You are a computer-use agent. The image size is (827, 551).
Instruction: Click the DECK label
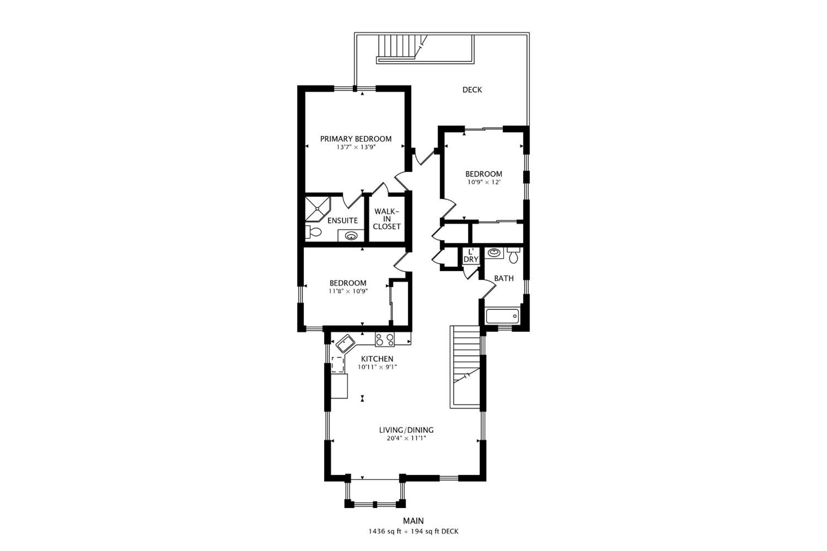coord(472,90)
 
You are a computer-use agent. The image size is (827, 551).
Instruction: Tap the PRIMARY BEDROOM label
coord(355,139)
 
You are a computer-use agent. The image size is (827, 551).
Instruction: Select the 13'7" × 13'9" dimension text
coord(356,147)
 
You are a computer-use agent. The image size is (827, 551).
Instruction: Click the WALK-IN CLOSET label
coord(387,219)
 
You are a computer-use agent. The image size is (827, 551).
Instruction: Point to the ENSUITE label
coord(342,221)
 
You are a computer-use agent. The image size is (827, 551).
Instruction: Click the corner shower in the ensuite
coord(317,209)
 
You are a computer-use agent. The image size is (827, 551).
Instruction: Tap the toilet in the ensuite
coord(313,232)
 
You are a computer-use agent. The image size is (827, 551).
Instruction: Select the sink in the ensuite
coord(351,236)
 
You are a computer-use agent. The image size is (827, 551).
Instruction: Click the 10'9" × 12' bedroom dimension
coord(484,182)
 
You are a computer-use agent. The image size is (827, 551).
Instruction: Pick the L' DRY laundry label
coord(471,256)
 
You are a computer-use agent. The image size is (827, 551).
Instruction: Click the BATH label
coord(504,278)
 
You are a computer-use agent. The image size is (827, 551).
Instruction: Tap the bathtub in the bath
coord(502,316)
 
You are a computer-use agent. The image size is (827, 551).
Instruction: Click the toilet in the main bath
coord(514,255)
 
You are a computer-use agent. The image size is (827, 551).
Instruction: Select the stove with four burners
coord(385,339)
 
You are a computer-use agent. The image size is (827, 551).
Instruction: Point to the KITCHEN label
coord(377,359)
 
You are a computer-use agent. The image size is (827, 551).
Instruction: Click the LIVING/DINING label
coord(406,430)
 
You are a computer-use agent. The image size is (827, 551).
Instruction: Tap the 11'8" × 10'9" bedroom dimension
coord(348,291)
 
